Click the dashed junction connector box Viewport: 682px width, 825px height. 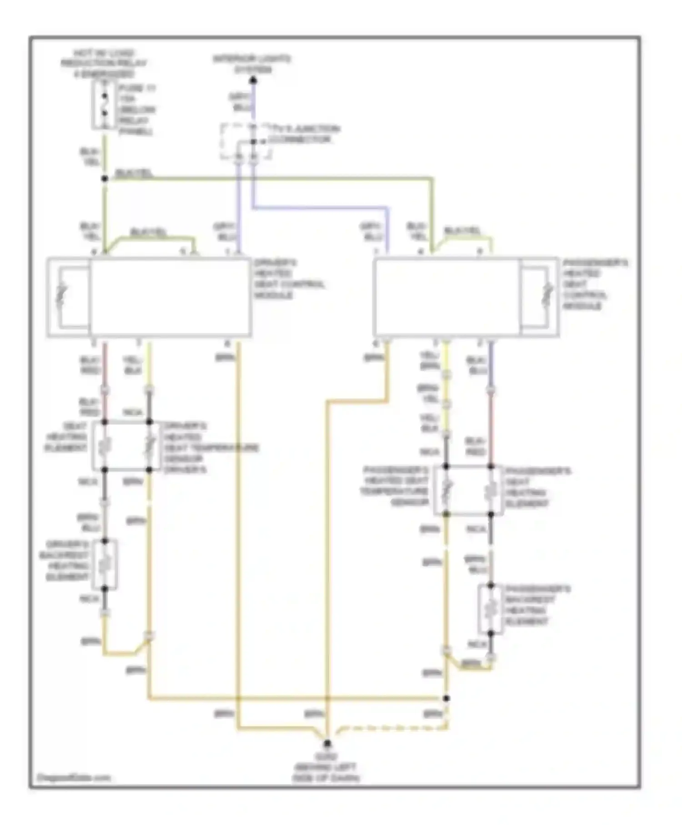click(246, 141)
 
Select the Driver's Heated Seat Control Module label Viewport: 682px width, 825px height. click(288, 278)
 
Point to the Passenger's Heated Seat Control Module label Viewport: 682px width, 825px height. click(595, 284)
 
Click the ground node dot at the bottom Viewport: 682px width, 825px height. click(327, 744)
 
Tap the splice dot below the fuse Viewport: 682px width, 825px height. click(105, 179)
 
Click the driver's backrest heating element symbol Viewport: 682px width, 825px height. click(105, 564)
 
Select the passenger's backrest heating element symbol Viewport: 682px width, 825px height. click(490, 609)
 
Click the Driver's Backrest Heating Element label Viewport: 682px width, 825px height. click(65, 560)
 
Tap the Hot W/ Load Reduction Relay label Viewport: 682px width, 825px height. click(104, 63)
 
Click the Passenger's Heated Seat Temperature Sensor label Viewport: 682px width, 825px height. click(395, 486)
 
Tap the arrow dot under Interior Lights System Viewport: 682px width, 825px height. click(253, 81)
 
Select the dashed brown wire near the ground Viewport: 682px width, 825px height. click(391, 728)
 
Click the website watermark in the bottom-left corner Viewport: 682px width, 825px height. click(74, 777)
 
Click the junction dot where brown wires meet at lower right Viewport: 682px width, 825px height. click(446, 698)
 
